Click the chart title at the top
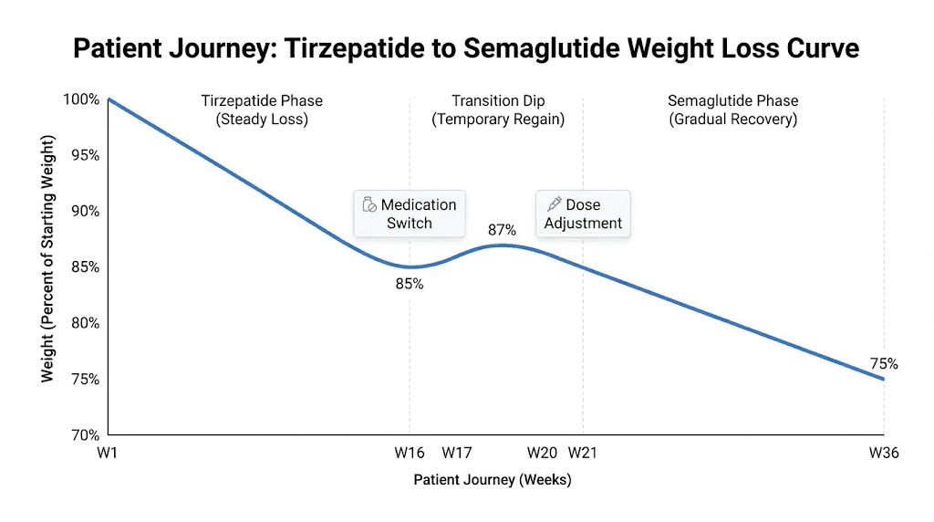coord(466,47)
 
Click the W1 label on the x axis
coord(108,452)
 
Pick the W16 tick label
coord(410,452)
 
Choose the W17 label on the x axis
coord(457,452)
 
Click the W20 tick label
coord(542,452)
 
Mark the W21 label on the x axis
coord(583,452)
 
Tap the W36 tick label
coord(883,452)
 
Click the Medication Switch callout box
coord(410,214)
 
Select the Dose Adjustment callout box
coord(583,214)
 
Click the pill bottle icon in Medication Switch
coord(369,205)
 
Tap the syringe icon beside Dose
coord(553,204)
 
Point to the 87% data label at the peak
coord(502,230)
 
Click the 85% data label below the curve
coord(410,284)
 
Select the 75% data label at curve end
coord(883,363)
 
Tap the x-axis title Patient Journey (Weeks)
coord(492,479)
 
